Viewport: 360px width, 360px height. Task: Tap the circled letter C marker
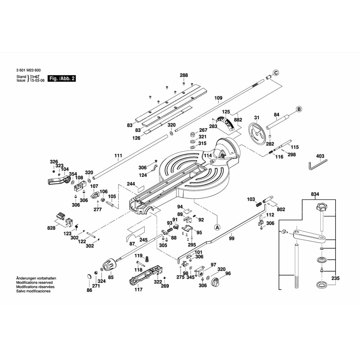point(276,73)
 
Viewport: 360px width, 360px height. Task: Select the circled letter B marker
point(298,109)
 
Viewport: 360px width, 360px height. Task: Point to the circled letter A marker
point(217,227)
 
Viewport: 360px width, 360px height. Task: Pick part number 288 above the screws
point(184,75)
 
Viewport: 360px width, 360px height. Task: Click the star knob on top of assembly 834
point(321,207)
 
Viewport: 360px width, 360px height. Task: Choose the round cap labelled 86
point(88,277)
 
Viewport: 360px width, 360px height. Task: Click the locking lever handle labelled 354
point(57,180)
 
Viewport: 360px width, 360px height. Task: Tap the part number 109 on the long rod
point(219,98)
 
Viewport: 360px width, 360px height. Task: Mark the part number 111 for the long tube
point(118,156)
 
